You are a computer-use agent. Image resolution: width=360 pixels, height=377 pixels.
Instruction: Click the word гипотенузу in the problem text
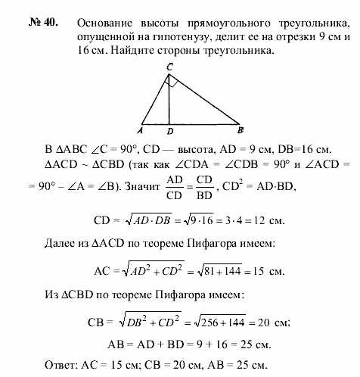pos(211,33)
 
